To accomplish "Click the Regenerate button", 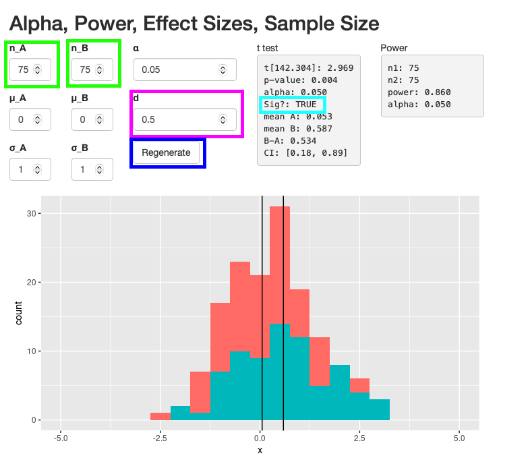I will point(166,152).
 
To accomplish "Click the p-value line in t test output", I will point(300,80).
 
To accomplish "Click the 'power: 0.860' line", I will point(419,92).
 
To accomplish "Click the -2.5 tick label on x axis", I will point(160,437).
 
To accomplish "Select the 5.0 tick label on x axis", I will point(460,437).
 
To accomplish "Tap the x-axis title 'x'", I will point(260,450).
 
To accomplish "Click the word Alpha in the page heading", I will point(36,23).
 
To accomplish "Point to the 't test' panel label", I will point(268,48).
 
